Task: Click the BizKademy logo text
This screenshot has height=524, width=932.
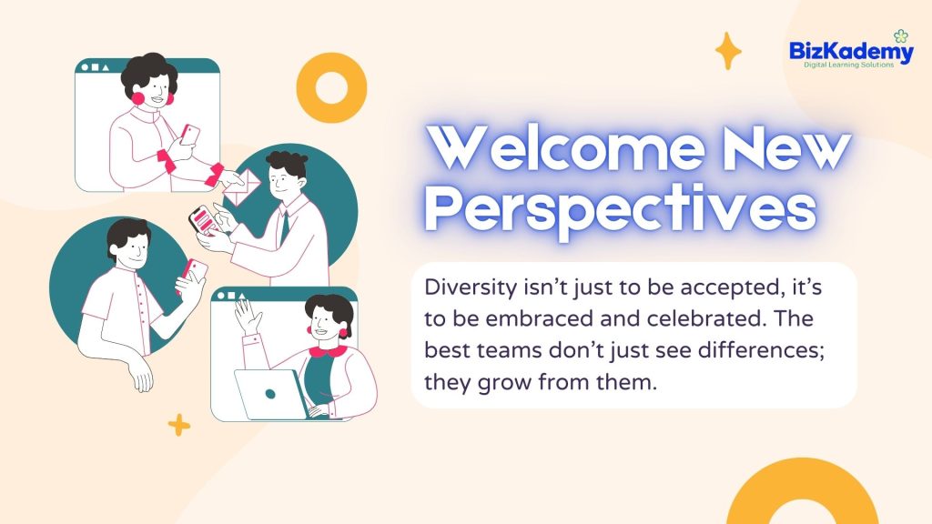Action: pos(851,52)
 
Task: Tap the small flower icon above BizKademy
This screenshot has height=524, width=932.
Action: pos(901,36)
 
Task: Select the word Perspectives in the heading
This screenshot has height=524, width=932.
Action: pos(621,208)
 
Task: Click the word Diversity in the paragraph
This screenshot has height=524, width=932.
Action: pos(471,287)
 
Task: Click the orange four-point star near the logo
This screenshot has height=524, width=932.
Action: pos(728,51)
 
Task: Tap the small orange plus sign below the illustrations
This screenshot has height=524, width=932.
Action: pos(179,425)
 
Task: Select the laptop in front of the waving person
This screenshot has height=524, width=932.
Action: pos(271,393)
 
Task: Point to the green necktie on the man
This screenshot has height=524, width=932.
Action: pos(285,227)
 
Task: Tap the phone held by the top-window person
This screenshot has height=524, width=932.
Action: pos(189,135)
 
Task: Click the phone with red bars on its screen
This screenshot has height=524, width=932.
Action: pos(205,220)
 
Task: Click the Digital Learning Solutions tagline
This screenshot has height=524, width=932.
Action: pos(849,65)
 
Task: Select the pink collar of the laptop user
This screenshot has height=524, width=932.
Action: pos(328,352)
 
